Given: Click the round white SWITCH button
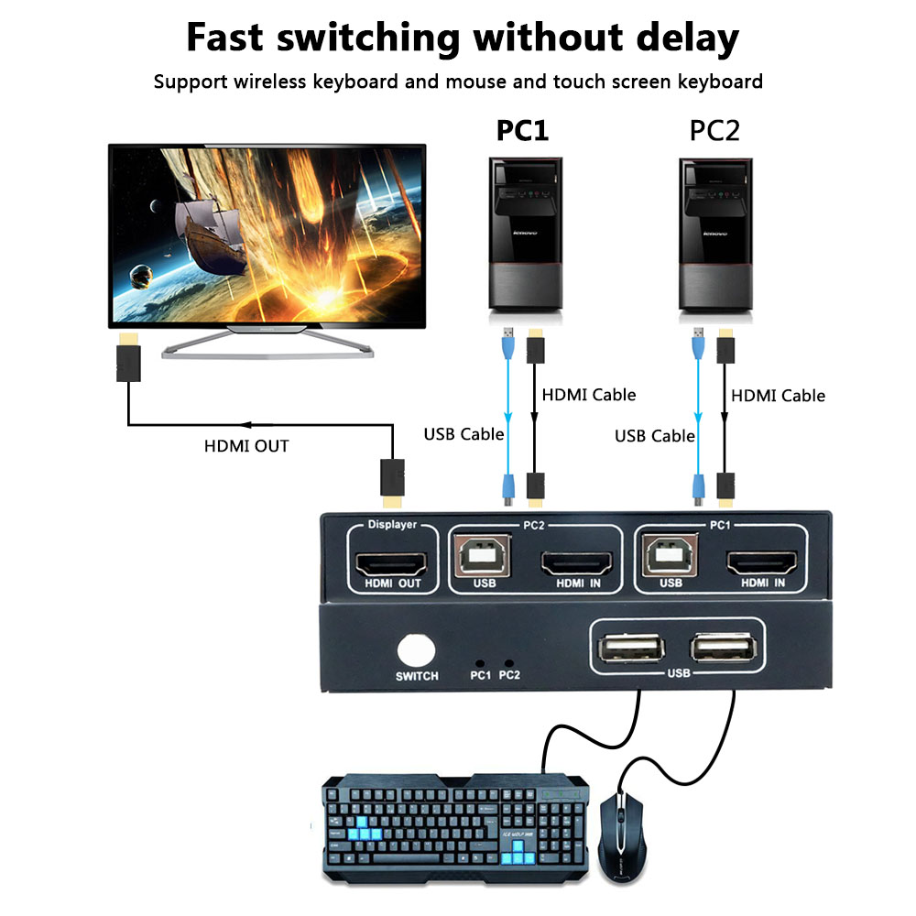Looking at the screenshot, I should click(x=418, y=650).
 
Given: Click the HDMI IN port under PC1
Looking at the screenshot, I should click(x=762, y=562).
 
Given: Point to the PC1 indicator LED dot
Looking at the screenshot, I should click(x=478, y=661).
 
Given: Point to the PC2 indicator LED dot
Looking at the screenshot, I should click(x=509, y=661).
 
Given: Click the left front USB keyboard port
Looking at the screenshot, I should click(x=630, y=649).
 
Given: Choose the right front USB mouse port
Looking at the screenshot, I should click(x=724, y=649).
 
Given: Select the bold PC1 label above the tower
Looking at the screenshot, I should click(x=522, y=131).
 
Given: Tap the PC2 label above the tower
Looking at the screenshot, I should click(x=714, y=131).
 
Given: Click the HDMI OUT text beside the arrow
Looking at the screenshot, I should click(x=246, y=447).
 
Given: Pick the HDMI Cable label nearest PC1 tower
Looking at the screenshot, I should click(x=588, y=395).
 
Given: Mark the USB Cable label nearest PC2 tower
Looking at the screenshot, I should click(x=655, y=436).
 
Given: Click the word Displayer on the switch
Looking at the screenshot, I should click(x=392, y=525).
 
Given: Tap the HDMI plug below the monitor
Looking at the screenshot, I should click(x=127, y=360).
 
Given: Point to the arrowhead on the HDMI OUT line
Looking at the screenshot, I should click(x=245, y=425).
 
